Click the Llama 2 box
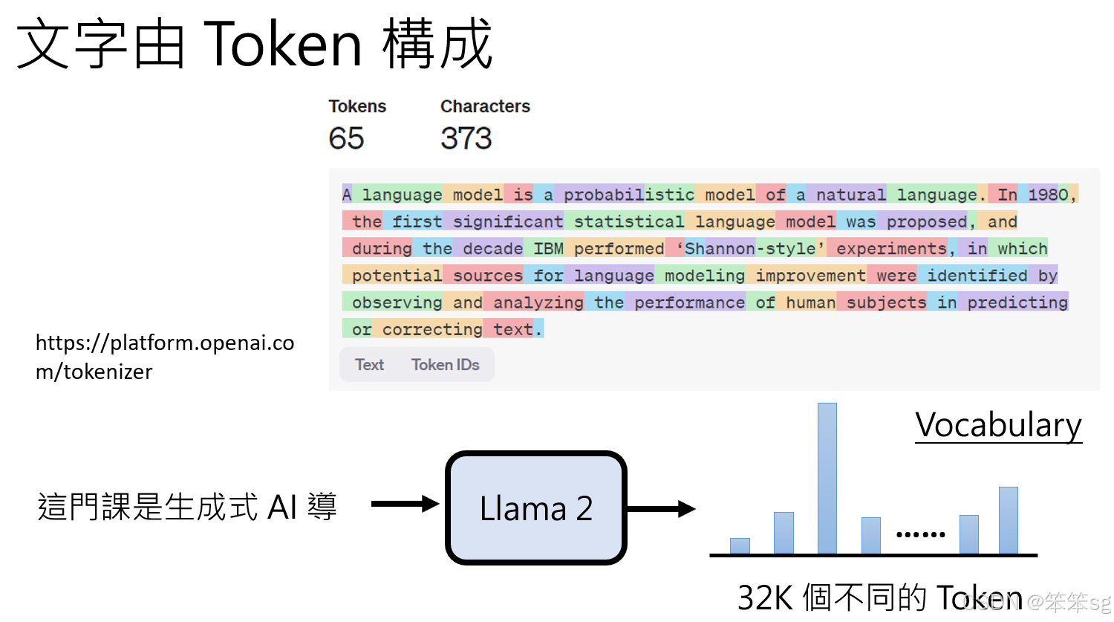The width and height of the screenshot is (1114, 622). [x=535, y=508]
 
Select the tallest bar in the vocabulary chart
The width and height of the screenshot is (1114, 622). [x=827, y=479]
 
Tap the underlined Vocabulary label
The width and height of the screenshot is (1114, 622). [x=998, y=425]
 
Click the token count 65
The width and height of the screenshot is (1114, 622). [x=346, y=138]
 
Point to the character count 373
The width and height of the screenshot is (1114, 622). [x=466, y=138]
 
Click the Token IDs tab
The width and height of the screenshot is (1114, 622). [x=445, y=365]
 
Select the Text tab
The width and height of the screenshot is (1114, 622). [x=369, y=365]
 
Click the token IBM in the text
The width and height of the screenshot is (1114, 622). [x=548, y=248]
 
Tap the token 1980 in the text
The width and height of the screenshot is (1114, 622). [x=1048, y=195]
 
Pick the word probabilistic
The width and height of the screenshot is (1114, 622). [x=628, y=195]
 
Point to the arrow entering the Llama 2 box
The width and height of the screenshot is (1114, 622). [x=405, y=504]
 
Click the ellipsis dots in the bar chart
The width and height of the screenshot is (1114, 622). [x=920, y=534]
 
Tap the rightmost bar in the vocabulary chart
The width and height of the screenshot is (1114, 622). [x=1008, y=520]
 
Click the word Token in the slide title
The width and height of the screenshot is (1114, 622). [x=282, y=45]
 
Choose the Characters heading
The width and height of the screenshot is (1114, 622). [x=485, y=106]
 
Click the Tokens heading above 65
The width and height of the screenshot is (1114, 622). [x=357, y=106]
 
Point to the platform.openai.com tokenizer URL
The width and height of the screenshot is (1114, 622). [x=165, y=357]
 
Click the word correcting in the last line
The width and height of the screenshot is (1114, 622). [x=432, y=329]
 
